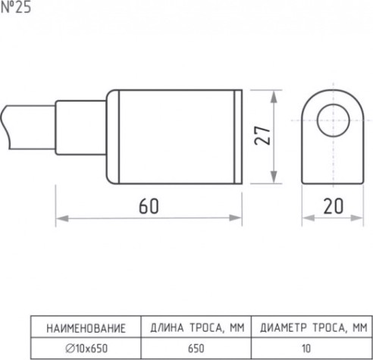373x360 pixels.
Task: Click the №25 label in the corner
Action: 16,7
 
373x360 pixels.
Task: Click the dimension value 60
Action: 149,206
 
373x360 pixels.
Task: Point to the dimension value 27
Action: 262,136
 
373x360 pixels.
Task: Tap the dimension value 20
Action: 334,206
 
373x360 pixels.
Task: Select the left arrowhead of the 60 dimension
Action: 62,218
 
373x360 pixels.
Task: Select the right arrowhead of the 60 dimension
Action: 236,218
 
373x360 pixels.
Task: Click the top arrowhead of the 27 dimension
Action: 274,96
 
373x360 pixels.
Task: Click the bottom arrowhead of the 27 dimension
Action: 274,177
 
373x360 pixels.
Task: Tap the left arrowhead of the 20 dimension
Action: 309,218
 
